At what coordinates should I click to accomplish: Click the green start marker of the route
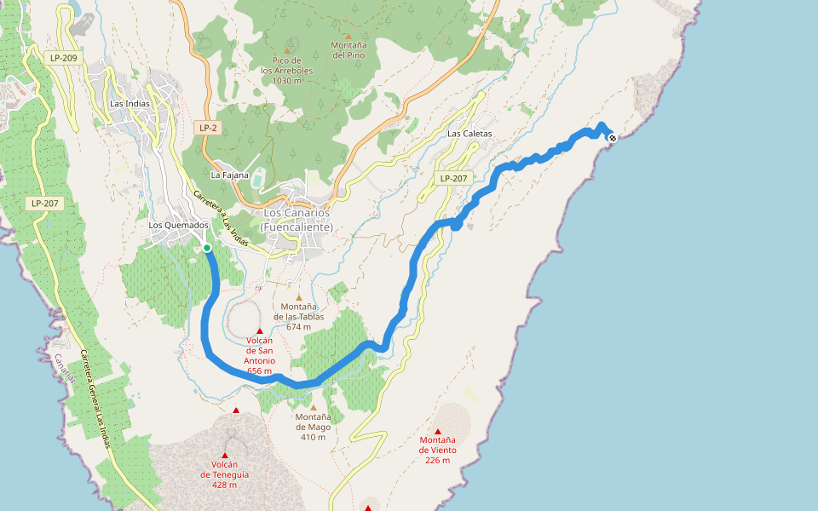pos(207,248)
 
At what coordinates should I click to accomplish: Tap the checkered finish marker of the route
pos(612,137)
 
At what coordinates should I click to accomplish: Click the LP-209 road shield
pos(63,58)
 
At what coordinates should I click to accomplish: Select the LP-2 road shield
pos(208,128)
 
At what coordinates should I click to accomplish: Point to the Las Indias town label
pos(130,104)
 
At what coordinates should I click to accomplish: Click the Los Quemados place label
pos(179,226)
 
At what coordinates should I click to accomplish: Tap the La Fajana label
pos(230,175)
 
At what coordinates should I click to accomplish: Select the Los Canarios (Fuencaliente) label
pos(298,220)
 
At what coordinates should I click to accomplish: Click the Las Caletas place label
pos(469,135)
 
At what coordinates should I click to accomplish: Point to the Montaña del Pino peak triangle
pos(348,36)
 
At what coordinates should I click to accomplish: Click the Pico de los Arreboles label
pos(281,71)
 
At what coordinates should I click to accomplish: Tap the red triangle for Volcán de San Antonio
pos(259,330)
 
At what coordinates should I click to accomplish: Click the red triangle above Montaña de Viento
pos(438,431)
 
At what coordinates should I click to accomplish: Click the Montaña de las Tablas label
pos(299,316)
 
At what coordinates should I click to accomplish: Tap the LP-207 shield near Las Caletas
pos(452,179)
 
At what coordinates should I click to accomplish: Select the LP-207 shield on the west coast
pos(44,203)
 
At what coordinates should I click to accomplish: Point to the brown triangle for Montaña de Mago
pos(313,407)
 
